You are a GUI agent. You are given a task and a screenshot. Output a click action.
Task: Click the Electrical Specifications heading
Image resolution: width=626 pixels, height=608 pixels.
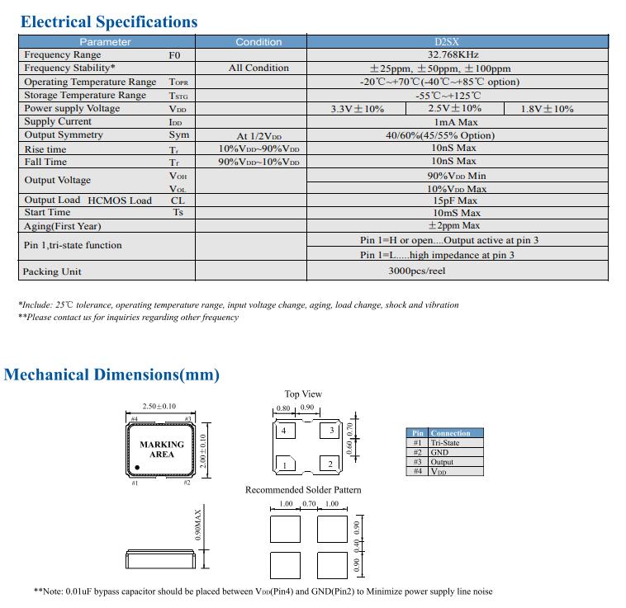point(109,21)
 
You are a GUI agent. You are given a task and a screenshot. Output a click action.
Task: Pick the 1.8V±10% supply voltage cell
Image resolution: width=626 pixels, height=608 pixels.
point(547,109)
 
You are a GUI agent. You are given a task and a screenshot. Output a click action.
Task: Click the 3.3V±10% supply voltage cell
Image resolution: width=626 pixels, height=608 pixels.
point(357,109)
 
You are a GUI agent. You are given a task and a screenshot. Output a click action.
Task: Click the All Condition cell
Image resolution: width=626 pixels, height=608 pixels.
point(258,68)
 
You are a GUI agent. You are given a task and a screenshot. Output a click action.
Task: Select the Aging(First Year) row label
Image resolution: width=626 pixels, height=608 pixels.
point(63,226)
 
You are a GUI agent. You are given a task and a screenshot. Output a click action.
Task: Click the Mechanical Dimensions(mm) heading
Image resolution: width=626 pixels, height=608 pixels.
point(112,375)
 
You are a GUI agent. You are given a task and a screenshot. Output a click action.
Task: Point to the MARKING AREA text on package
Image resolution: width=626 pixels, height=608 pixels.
point(161,450)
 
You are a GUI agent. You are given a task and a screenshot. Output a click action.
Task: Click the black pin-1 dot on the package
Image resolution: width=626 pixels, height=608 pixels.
point(137,468)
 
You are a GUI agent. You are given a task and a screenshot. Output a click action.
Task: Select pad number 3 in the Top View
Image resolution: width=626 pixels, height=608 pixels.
point(331,430)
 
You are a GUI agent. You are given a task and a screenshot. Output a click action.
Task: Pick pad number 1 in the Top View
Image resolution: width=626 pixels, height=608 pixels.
point(285,465)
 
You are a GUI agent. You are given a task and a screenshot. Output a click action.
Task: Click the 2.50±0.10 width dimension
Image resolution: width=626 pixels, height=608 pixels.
point(159,407)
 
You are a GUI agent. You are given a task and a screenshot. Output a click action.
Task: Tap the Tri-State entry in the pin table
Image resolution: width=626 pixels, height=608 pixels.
point(445,443)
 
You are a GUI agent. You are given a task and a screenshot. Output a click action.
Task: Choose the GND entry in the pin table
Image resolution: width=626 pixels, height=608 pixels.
point(439,452)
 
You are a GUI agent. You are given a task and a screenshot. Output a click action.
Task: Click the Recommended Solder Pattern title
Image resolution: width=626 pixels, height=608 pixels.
point(303,490)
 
